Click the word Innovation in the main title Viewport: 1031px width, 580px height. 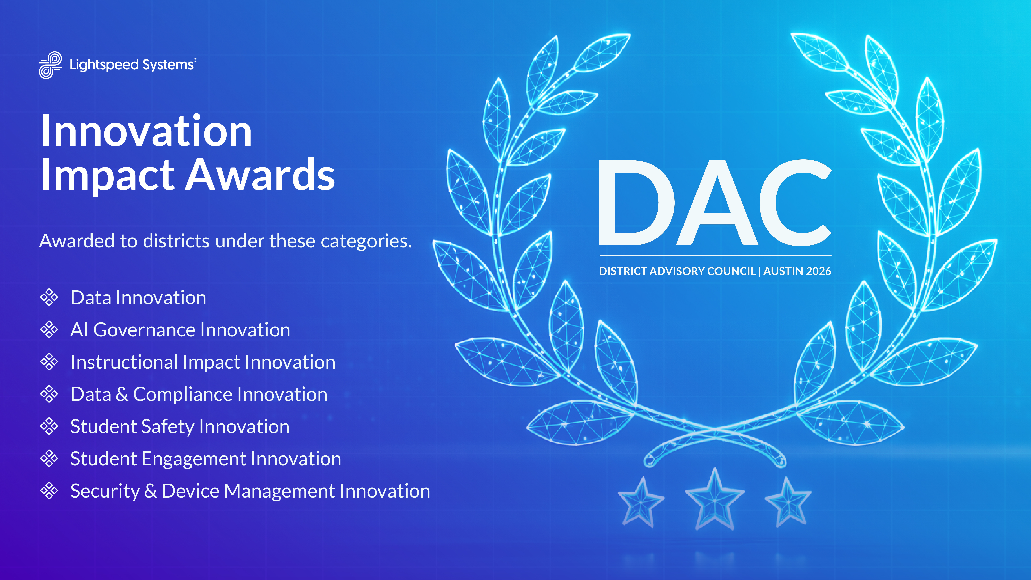pyautogui.click(x=146, y=131)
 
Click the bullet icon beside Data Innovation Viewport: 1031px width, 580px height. pyautogui.click(x=49, y=297)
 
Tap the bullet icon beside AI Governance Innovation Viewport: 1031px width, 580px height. pyautogui.click(x=49, y=329)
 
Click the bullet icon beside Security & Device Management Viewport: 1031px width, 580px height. pyautogui.click(x=49, y=491)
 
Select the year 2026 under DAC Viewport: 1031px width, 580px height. pyautogui.click(x=818, y=271)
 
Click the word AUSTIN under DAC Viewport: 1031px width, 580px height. pyautogui.click(x=783, y=271)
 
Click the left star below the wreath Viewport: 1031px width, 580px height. pyautogui.click(x=641, y=502)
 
